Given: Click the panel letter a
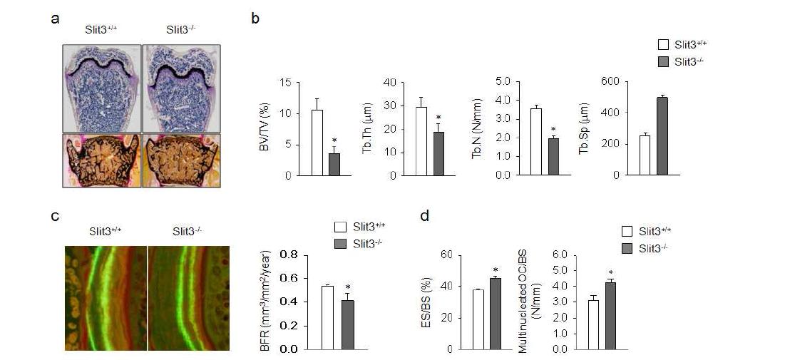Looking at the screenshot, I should click(x=55, y=19).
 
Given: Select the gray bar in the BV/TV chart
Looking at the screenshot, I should click(x=334, y=164).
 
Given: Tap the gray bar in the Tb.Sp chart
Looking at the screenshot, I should click(x=662, y=136).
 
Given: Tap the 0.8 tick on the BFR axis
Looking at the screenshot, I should click(x=289, y=254).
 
